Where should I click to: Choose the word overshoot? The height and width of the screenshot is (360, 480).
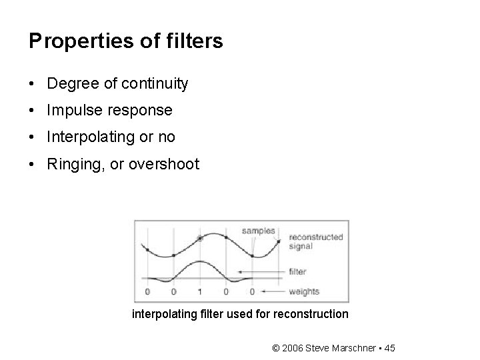(165, 164)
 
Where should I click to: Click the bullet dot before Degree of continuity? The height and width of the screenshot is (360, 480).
(33, 85)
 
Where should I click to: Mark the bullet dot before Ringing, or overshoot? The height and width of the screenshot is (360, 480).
(33, 165)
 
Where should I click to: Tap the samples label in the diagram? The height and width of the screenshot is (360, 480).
(258, 231)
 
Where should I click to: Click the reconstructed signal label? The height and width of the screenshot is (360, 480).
(315, 241)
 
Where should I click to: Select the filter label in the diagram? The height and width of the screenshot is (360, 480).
(297, 271)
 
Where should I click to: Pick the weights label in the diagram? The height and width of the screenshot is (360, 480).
(304, 291)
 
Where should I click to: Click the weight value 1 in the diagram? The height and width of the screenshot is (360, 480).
(200, 292)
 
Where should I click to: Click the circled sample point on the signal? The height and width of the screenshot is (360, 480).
(200, 238)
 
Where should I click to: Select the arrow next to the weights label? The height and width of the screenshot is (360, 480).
(274, 291)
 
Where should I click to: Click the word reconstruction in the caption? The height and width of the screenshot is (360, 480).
(313, 313)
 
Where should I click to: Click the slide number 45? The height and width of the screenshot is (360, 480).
(390, 348)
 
